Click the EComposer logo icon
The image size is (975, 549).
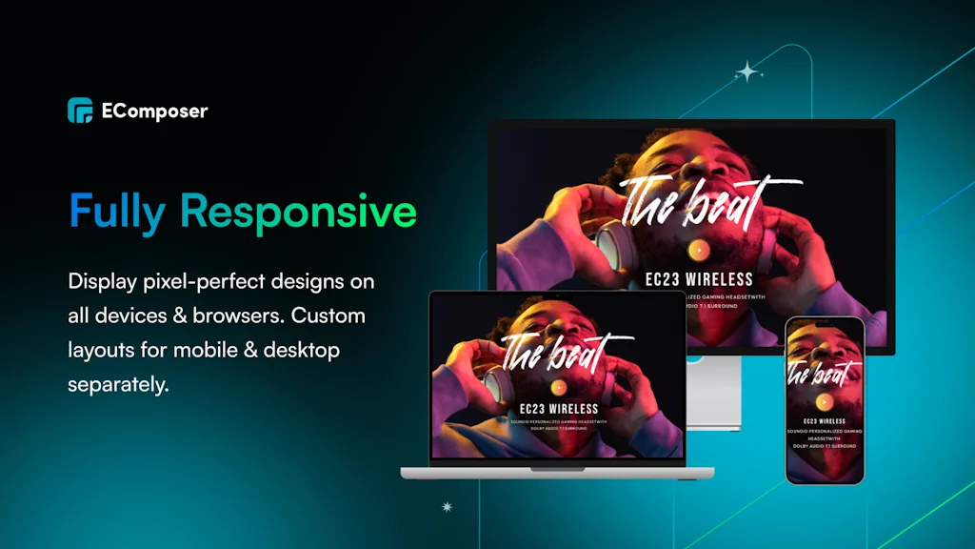click(80, 111)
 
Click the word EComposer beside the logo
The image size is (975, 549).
click(154, 112)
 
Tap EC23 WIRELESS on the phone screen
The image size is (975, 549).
click(825, 420)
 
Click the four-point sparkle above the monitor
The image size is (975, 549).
click(749, 72)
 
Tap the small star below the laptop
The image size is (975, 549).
click(447, 507)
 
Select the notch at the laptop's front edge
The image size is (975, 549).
click(557, 468)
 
